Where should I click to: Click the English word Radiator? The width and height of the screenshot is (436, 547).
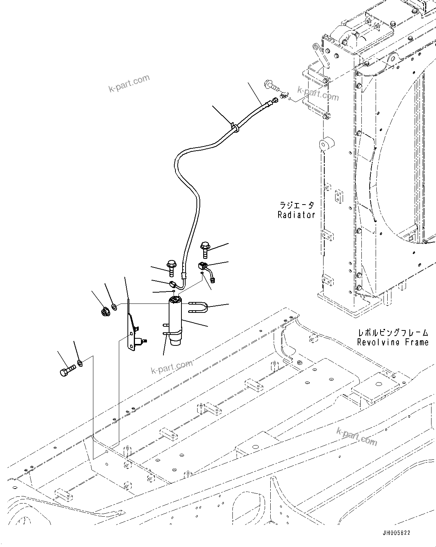click(x=296, y=215)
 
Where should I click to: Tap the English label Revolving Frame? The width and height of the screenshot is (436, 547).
click(x=393, y=342)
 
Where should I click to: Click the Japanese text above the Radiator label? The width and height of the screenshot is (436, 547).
click(x=297, y=205)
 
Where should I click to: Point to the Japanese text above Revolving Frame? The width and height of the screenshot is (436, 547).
click(x=393, y=332)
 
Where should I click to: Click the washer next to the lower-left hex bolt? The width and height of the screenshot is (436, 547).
click(x=79, y=362)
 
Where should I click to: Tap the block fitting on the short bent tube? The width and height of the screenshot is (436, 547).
click(x=202, y=266)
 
